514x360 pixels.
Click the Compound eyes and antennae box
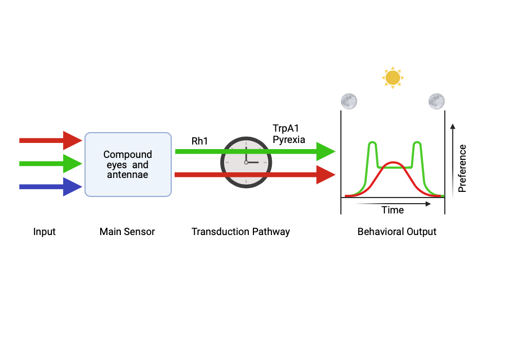(127, 165)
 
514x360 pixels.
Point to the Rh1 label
(199, 140)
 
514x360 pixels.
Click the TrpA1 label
(285, 129)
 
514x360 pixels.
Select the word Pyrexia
(289, 139)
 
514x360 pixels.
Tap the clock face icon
(246, 163)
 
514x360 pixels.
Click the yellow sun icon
(393, 78)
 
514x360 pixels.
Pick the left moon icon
(349, 101)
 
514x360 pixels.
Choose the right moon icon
(436, 101)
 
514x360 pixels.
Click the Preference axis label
(462, 169)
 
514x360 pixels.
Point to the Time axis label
(393, 210)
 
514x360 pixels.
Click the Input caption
(44, 232)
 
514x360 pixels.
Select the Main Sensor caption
(127, 232)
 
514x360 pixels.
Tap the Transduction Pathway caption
(241, 232)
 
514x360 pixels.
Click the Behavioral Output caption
(397, 232)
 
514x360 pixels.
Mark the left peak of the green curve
(373, 143)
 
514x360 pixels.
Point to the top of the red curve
(393, 163)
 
